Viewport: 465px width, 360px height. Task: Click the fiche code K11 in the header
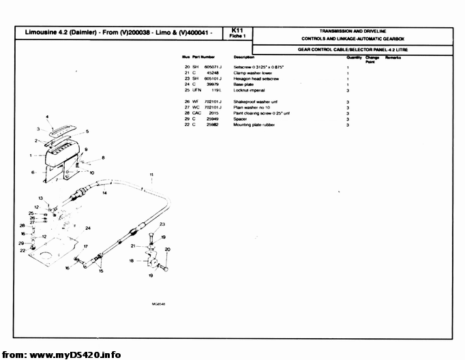237,31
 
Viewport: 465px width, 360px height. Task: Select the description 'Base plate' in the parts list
245,84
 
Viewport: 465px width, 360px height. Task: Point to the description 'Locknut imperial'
249,90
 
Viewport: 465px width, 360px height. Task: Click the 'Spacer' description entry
241,119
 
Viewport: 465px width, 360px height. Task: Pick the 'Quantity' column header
354,57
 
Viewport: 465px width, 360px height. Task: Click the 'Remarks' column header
393,57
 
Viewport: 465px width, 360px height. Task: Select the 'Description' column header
244,57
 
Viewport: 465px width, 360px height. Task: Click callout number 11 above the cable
151,175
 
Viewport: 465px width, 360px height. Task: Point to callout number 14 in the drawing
104,194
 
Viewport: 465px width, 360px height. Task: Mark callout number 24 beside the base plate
88,228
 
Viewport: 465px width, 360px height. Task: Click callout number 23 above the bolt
162,224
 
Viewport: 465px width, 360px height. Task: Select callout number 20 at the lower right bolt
168,250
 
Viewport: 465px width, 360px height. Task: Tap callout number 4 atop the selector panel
47,117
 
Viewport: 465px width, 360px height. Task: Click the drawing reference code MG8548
160,305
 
